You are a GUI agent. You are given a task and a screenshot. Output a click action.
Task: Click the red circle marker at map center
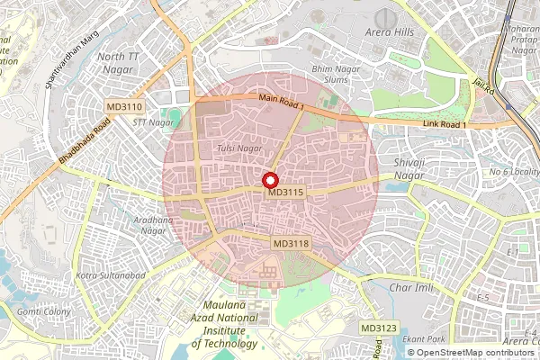tap(269, 180)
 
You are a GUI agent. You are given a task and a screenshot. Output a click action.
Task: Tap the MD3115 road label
tap(286, 192)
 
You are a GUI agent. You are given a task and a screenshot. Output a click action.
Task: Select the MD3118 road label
tap(291, 244)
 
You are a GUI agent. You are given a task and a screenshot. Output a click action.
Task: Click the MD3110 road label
tap(123, 106)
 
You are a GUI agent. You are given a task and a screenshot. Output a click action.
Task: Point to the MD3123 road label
tap(378, 328)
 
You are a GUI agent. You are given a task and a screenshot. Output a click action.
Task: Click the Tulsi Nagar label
tap(239, 147)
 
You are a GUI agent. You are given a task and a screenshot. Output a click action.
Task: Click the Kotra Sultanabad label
tap(112, 274)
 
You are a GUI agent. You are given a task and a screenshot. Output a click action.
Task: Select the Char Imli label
tap(415, 288)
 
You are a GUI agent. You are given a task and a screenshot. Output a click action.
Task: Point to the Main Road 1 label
tap(282, 103)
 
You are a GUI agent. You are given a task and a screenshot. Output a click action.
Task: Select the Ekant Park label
tap(424, 338)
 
